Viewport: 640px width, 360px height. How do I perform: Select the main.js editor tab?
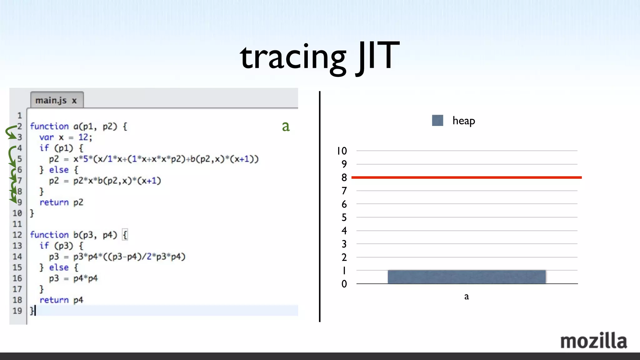click(x=56, y=100)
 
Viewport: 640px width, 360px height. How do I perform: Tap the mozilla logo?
click(x=593, y=341)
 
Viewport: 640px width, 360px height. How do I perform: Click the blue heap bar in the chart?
click(x=466, y=277)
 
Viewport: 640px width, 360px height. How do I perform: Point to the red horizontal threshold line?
click(x=466, y=177)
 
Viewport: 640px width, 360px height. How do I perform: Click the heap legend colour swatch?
click(x=437, y=121)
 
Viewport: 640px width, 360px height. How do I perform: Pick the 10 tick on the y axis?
click(x=342, y=151)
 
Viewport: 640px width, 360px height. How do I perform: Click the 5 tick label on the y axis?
click(x=344, y=217)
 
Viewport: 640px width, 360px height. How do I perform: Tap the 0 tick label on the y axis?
click(x=344, y=284)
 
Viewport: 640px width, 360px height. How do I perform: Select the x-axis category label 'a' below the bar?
click(x=466, y=296)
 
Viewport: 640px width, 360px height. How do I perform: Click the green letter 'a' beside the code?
click(x=286, y=126)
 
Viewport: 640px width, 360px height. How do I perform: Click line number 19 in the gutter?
click(x=17, y=311)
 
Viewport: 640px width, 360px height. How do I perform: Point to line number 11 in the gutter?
click(x=17, y=224)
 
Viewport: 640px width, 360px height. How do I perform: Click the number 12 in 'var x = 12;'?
click(x=83, y=137)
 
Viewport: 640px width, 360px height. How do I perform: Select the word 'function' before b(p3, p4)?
click(x=49, y=235)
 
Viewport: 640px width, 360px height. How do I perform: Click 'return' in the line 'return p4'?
click(x=54, y=300)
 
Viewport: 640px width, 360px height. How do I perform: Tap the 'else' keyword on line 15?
click(x=59, y=267)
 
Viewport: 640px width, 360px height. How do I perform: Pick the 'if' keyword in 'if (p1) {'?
click(x=44, y=148)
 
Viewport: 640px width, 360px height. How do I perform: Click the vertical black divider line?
click(x=319, y=206)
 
